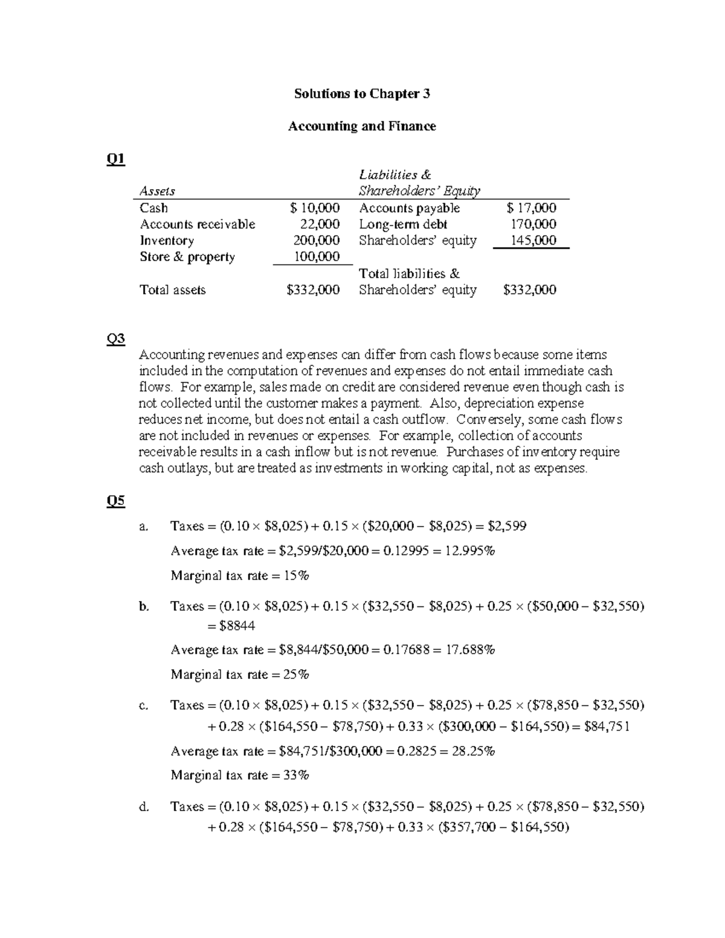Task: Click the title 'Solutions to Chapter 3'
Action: coord(362,94)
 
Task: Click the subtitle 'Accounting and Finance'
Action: coord(362,126)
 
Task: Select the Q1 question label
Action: coord(115,159)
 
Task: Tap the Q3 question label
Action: coord(115,339)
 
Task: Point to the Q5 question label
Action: coord(115,501)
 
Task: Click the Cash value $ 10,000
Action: coord(314,208)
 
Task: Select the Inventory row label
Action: coord(167,240)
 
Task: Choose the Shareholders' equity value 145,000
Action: coord(533,240)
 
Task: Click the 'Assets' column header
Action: coord(157,191)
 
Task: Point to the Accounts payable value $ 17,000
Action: coord(532,208)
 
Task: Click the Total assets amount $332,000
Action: coord(313,290)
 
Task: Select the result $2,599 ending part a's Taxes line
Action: coord(507,526)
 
